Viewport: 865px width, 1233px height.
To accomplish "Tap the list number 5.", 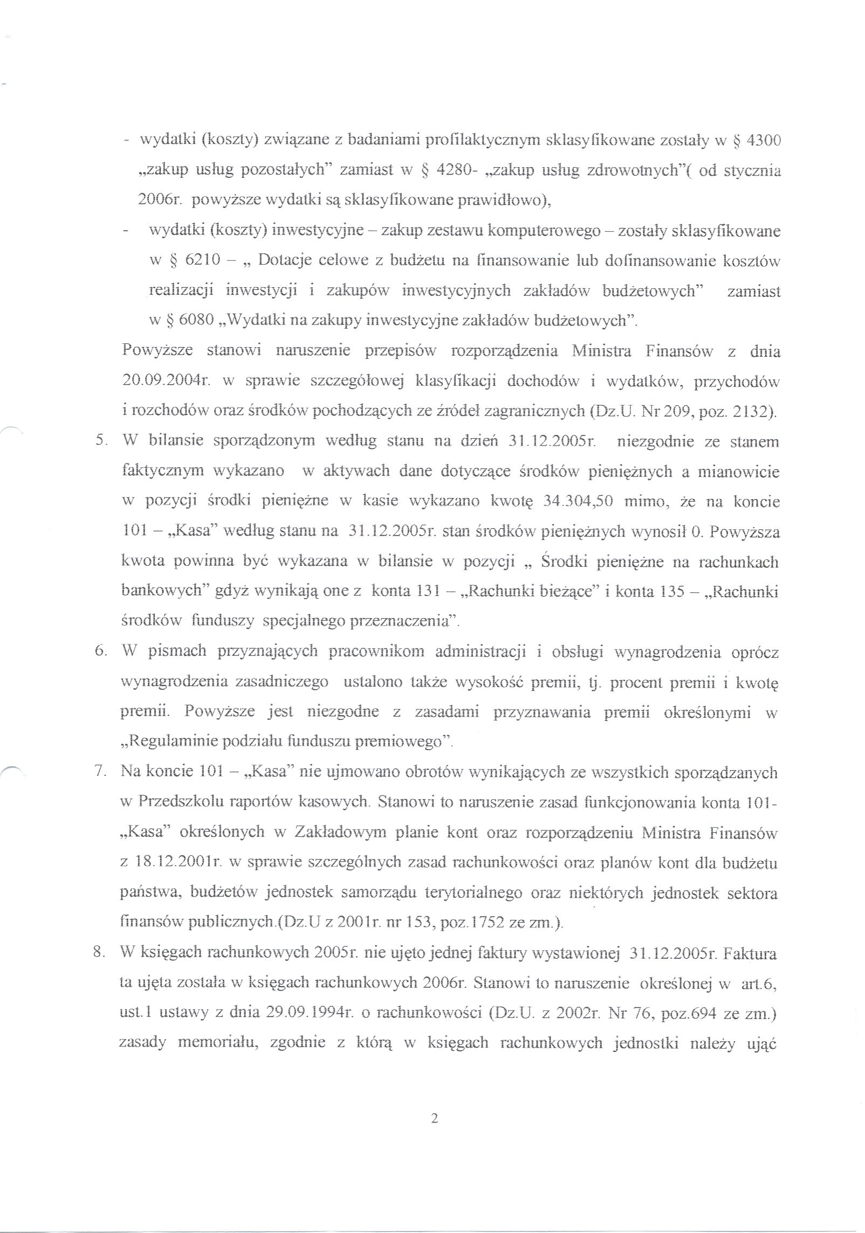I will [x=100, y=442].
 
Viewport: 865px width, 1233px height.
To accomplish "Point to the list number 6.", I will [x=100, y=651].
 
